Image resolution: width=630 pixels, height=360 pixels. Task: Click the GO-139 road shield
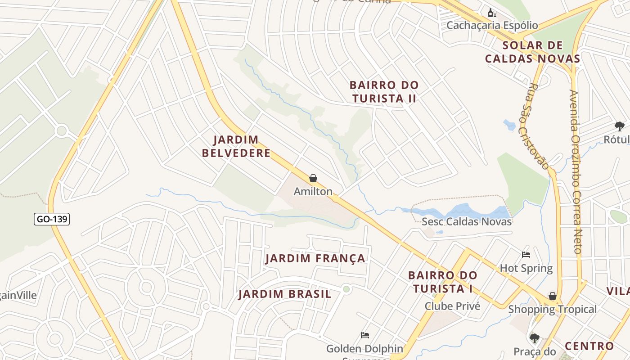[52, 219]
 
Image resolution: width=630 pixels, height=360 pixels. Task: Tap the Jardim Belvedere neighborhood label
[236, 146]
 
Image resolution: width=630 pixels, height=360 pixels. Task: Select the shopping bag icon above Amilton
[313, 179]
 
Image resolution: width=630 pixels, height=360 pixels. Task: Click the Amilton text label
[313, 192]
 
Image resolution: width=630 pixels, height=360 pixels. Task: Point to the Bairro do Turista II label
[384, 92]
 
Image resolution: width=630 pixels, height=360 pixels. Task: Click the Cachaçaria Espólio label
[492, 25]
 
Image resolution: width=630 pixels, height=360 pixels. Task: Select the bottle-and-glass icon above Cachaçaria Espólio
[492, 13]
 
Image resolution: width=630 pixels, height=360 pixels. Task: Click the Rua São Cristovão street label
[538, 126]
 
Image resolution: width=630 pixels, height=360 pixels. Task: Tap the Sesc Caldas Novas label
[467, 221]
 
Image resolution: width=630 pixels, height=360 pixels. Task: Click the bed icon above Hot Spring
[526, 255]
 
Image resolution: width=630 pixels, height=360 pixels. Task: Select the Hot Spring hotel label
[526, 268]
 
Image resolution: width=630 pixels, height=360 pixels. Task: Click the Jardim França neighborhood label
[315, 258]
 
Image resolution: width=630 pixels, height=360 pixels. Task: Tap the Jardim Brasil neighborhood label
[285, 294]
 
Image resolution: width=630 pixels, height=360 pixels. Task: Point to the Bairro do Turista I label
[442, 282]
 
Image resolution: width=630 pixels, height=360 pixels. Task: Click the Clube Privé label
[453, 306]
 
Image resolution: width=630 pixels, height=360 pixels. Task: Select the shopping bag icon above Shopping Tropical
[552, 296]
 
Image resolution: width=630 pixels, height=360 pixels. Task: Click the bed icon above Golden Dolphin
[365, 335]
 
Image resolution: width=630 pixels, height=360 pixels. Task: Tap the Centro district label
[589, 346]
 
